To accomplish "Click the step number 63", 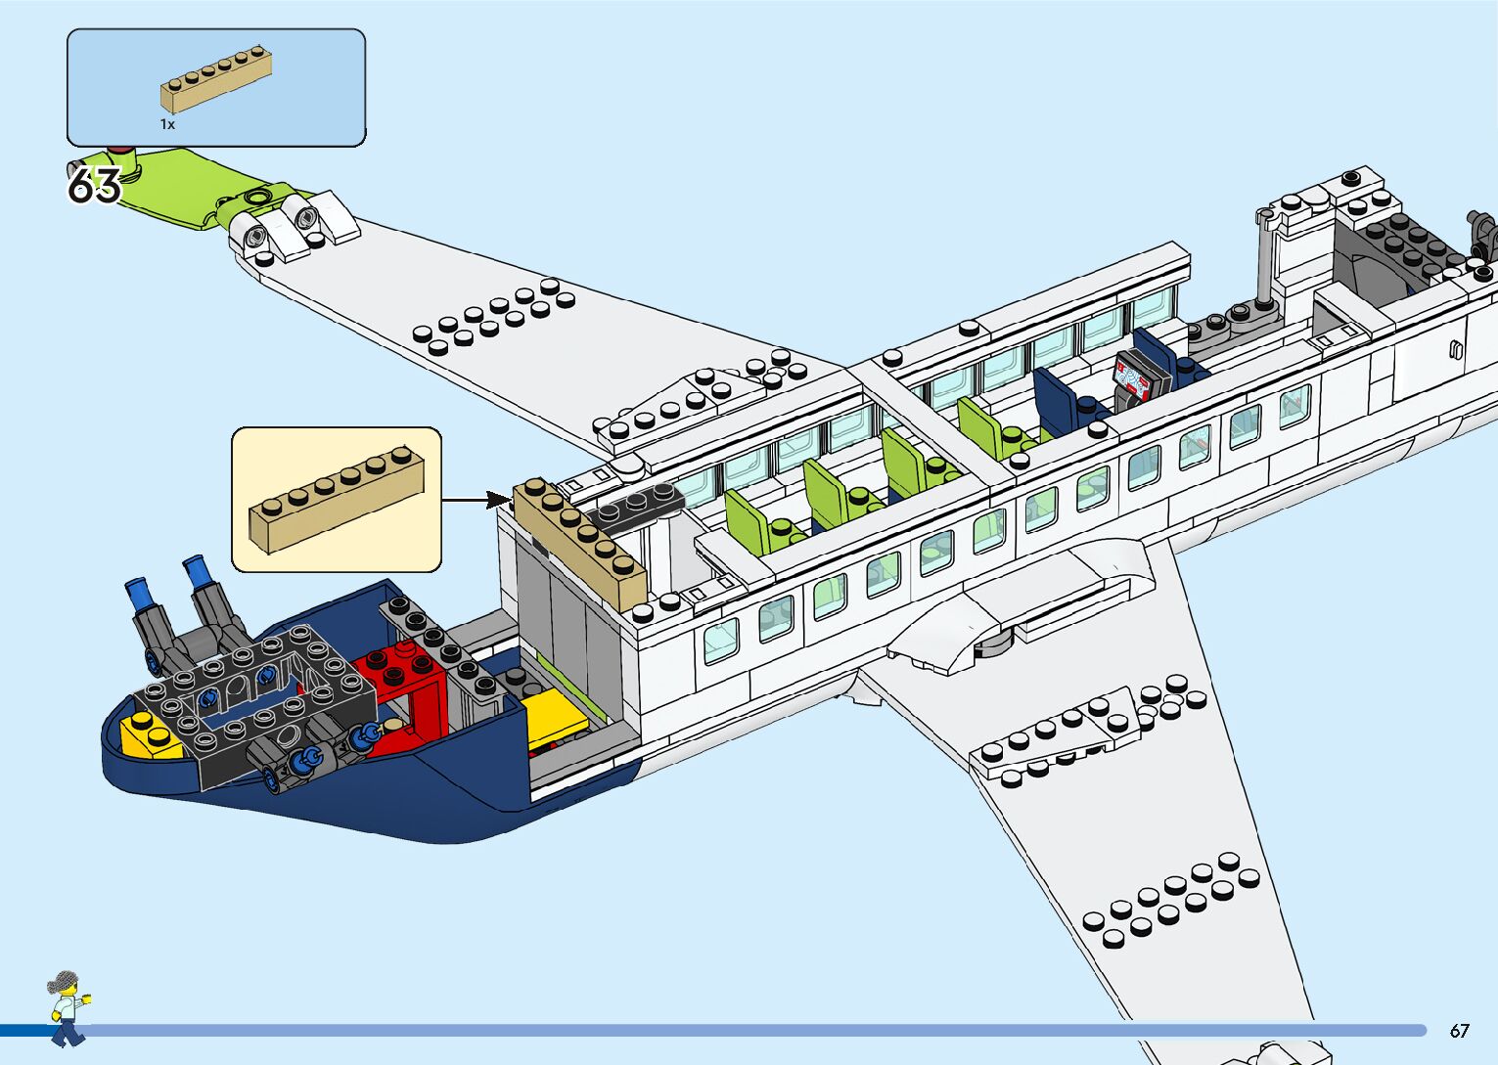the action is point(94,185).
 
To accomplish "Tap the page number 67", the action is point(1459,1031).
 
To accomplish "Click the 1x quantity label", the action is point(167,124).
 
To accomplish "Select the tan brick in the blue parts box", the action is point(216,78).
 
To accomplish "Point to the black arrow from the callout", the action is point(477,500).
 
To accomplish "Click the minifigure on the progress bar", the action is point(68,1007).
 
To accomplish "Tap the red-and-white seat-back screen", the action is point(1135,382).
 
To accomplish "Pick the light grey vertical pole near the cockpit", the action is point(1264,260).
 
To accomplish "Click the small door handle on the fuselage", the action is point(1455,350).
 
